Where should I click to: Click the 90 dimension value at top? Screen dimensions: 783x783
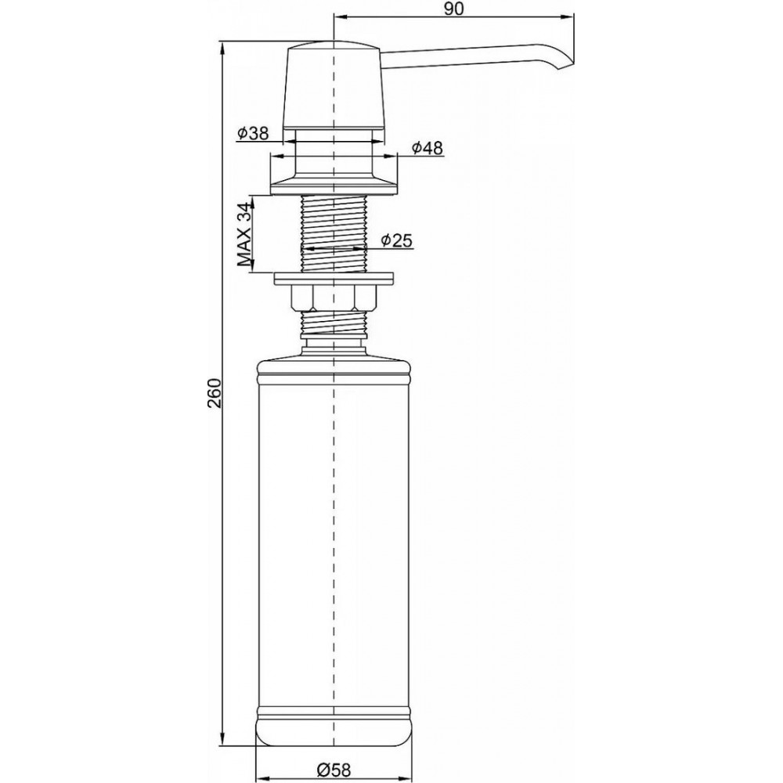pos(453,9)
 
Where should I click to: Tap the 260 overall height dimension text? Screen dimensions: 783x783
pos(215,393)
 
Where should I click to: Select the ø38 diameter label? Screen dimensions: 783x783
pos(253,133)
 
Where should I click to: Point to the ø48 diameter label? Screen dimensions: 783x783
pos(428,148)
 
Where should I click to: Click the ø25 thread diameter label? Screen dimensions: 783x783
pos(397,240)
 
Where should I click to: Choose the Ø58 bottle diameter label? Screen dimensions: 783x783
pos(334,770)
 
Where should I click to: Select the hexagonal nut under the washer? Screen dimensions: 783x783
pos(333,298)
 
